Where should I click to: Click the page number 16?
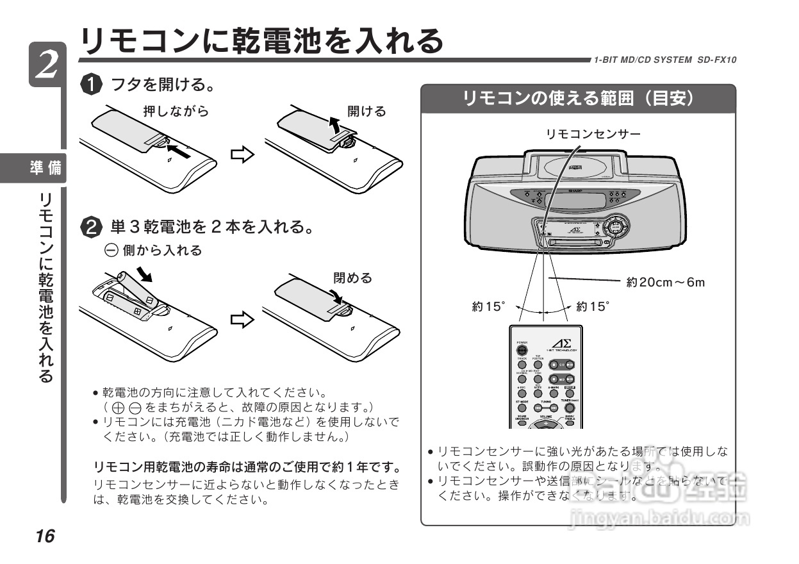45,536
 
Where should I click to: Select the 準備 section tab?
46,169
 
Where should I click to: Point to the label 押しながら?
176,112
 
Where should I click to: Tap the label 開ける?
367,112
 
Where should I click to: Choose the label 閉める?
352,278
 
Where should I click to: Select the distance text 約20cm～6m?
665,282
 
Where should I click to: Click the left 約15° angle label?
489,306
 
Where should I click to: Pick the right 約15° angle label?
593,306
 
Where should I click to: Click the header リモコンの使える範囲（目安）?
578,99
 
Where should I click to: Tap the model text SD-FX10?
716,60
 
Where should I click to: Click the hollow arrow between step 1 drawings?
242,156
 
